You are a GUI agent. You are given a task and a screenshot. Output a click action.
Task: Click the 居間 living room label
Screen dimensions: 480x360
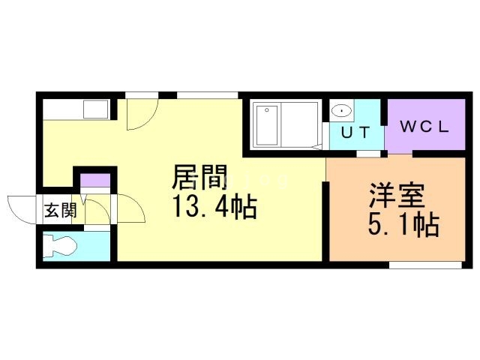(199, 178)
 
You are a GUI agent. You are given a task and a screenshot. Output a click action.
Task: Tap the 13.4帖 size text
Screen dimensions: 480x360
(214, 207)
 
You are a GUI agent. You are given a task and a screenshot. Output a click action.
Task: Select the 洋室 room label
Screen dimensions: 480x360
(397, 195)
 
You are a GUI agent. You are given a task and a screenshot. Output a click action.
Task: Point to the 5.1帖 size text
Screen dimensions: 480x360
(403, 225)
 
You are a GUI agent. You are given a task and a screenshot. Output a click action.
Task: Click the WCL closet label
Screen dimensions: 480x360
(425, 127)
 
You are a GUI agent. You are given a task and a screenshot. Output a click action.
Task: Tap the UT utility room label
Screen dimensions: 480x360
(355, 132)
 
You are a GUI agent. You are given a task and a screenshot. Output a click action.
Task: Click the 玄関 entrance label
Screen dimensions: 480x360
(61, 210)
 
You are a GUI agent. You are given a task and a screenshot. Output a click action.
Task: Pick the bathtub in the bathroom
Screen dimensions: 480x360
(267, 125)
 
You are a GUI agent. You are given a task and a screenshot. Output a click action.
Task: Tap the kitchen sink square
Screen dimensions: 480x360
(96, 109)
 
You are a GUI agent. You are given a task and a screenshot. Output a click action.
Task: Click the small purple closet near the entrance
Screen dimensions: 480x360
(95, 180)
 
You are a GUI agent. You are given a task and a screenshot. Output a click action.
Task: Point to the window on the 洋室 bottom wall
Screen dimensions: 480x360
(425, 265)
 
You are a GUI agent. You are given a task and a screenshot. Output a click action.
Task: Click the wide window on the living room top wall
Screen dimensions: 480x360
(207, 95)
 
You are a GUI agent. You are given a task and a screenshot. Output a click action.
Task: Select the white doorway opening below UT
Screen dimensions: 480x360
(368, 154)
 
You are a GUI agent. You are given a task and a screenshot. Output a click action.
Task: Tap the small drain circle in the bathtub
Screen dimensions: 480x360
(267, 110)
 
